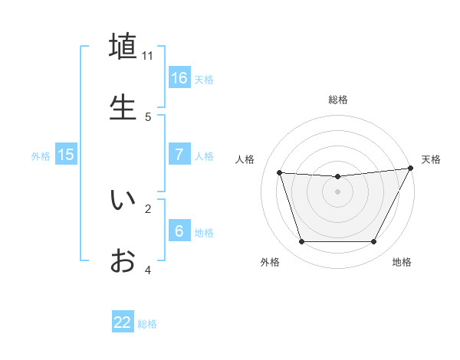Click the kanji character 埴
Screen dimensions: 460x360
click(x=123, y=47)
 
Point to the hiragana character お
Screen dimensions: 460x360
click(x=123, y=260)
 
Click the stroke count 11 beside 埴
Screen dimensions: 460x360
click(x=148, y=56)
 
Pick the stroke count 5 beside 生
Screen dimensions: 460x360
click(x=148, y=116)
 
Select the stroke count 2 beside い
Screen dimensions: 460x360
click(x=148, y=208)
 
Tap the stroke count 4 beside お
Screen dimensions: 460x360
click(x=148, y=270)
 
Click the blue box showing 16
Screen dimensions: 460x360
click(x=179, y=78)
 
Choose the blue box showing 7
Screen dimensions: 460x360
click(x=179, y=155)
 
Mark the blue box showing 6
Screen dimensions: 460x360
click(x=179, y=231)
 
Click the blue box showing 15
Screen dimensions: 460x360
click(x=66, y=155)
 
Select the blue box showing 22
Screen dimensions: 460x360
click(x=123, y=322)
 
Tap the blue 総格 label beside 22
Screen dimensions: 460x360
click(x=147, y=324)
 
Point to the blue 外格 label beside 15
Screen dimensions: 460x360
click(x=41, y=156)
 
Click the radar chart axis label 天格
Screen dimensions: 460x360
click(x=431, y=159)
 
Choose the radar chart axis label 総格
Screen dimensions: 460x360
click(x=337, y=100)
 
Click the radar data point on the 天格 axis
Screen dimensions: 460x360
click(x=410, y=169)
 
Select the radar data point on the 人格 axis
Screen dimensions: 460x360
click(x=280, y=173)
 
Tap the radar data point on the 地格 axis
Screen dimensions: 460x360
click(x=373, y=242)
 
